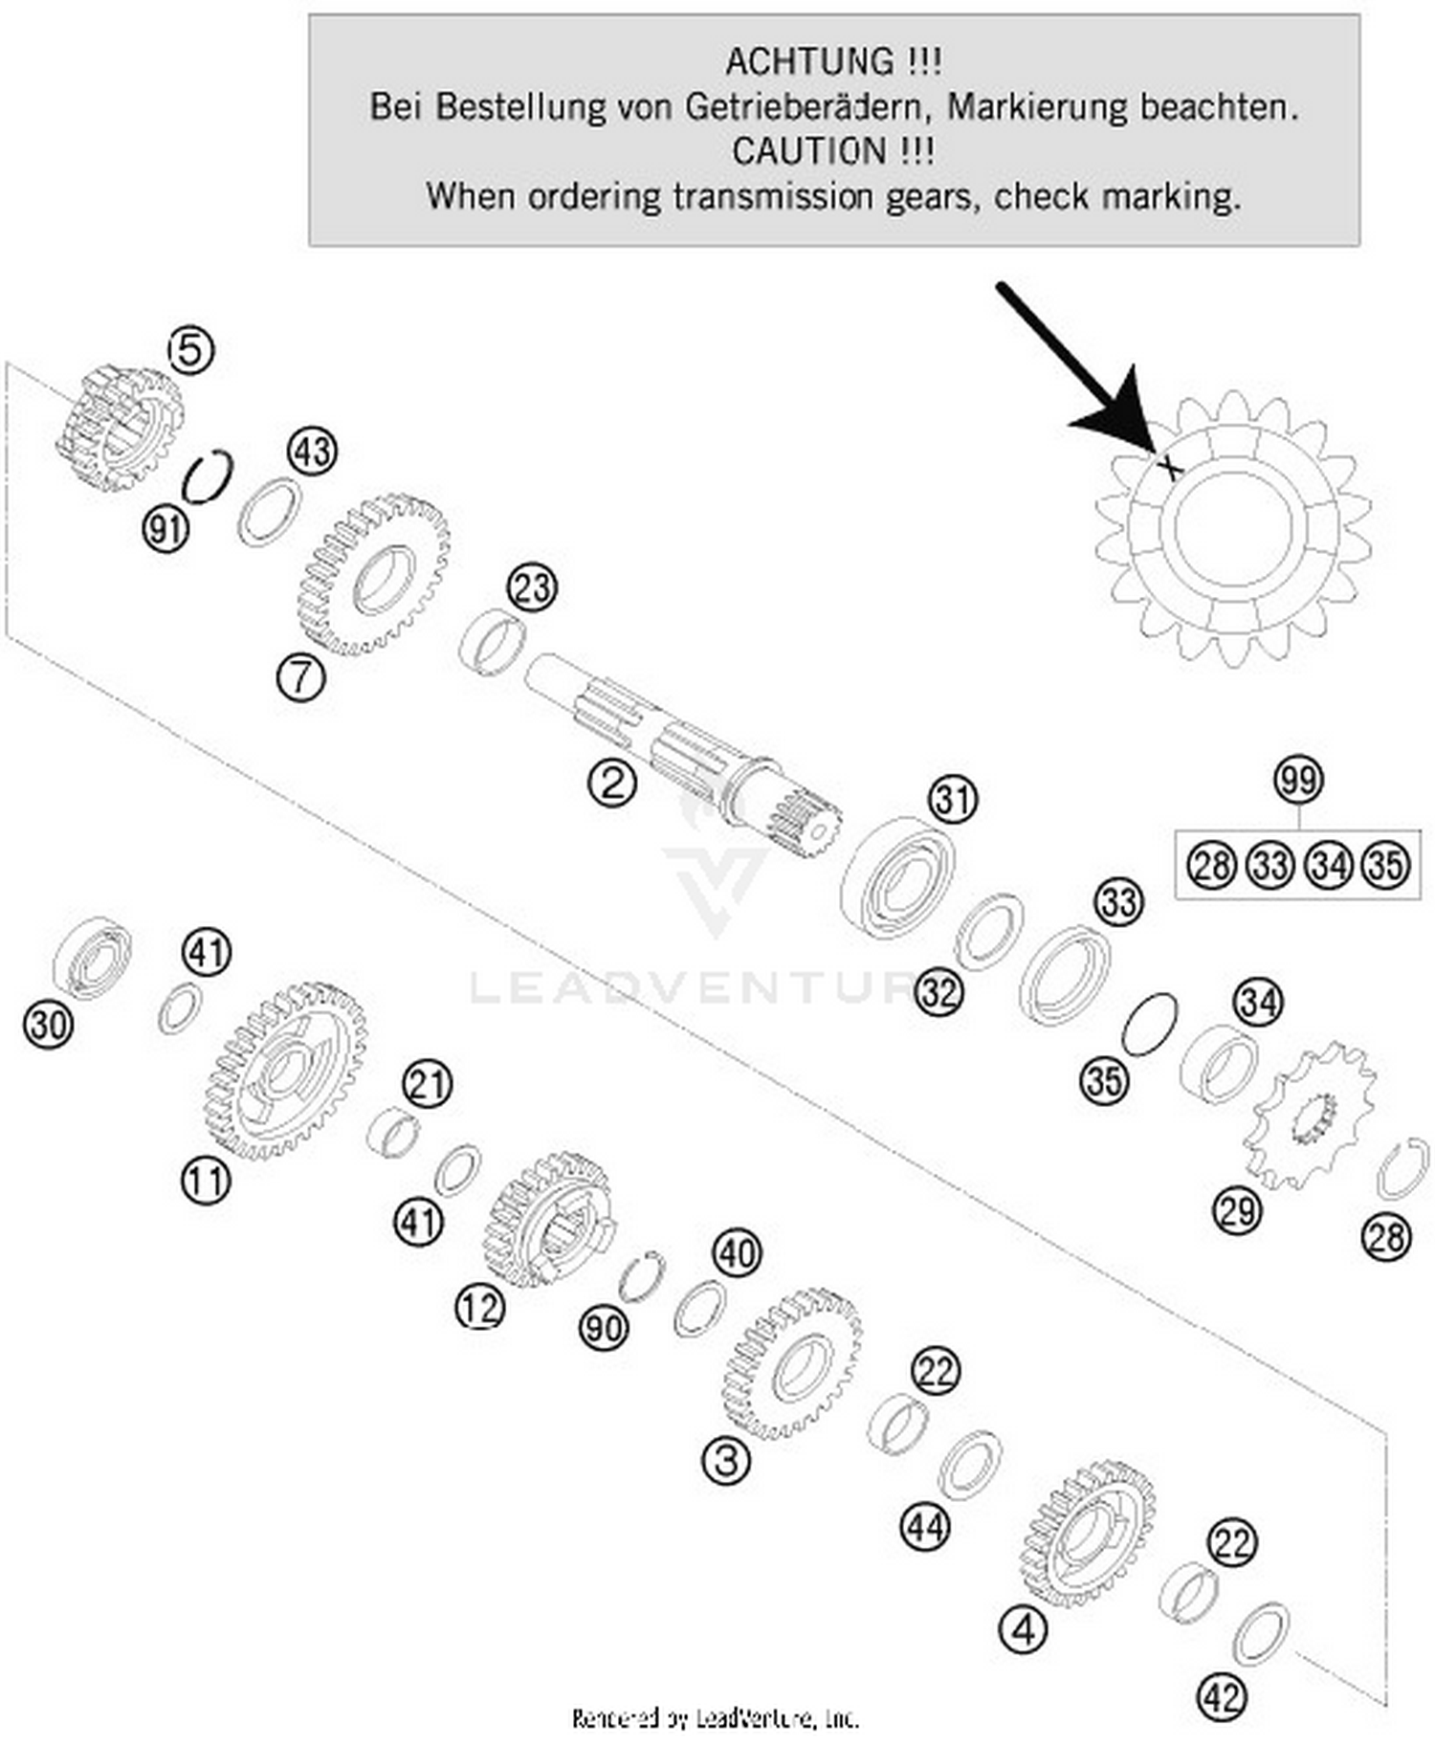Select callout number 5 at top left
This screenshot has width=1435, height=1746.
tap(190, 350)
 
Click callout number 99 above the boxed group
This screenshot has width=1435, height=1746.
tap(1298, 780)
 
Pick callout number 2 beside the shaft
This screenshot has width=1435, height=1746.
tap(612, 784)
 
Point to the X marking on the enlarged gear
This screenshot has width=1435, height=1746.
tap(1169, 466)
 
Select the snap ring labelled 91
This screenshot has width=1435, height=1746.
tap(209, 475)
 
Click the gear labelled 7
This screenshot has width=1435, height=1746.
tap(373, 574)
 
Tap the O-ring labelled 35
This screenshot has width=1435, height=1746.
tap(1148, 1025)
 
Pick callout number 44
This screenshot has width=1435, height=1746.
tap(925, 1528)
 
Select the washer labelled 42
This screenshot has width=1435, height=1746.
tap(1260, 1633)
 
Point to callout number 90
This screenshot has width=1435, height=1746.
tap(604, 1328)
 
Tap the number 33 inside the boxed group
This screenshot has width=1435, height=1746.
tap(1269, 866)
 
